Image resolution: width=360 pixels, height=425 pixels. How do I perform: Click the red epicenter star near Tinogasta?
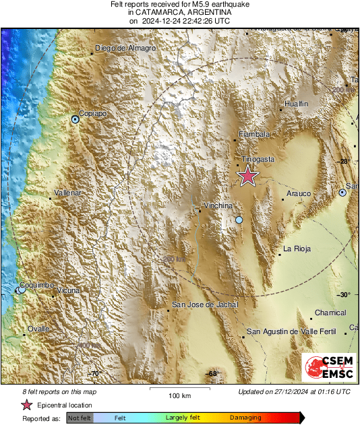248,176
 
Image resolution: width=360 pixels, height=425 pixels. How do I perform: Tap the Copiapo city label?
93,114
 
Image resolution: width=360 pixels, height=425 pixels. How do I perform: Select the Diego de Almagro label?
125,48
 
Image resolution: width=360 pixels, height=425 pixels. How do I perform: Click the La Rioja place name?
297,249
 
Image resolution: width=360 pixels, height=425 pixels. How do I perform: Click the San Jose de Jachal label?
206,305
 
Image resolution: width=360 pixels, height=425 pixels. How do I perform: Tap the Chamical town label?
330,313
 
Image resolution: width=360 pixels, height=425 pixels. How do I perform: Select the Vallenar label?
67,193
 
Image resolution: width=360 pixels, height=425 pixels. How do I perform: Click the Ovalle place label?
38,329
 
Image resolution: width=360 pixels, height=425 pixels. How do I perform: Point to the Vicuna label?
67,290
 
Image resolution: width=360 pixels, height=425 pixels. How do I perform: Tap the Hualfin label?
296,104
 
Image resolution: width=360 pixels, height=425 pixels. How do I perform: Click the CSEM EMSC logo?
328,368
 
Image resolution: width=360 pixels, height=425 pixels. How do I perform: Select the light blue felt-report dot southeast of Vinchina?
239,220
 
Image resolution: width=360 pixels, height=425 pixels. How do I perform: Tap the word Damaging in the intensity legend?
245,418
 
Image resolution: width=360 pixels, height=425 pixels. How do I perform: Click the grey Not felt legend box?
80,418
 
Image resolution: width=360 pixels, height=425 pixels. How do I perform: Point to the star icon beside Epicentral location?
27,405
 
